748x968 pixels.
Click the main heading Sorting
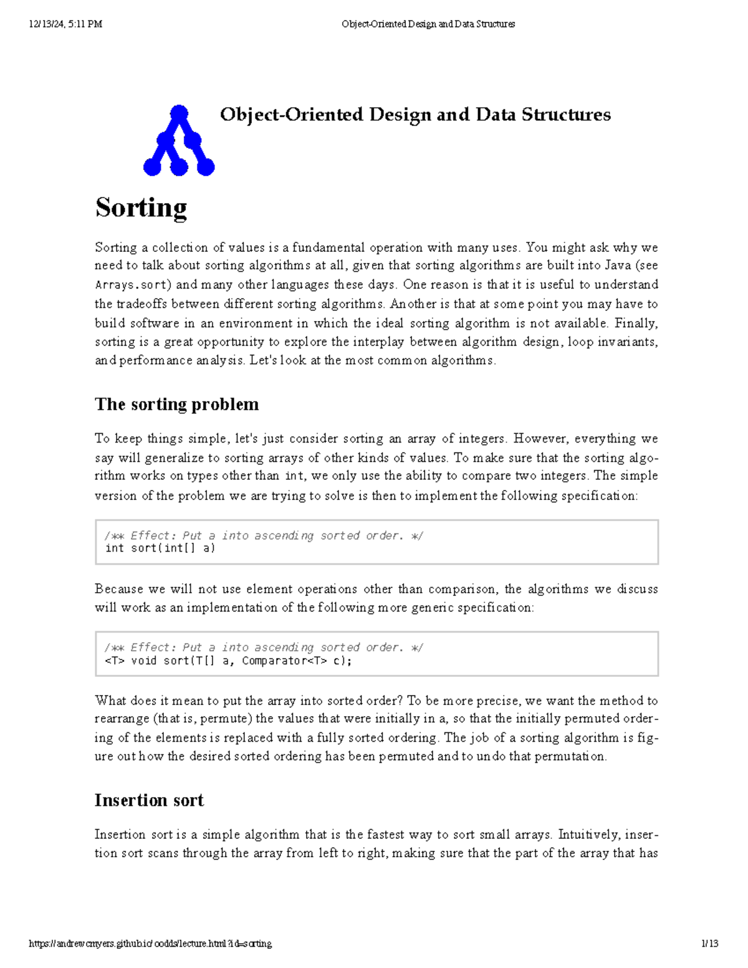pyautogui.click(x=141, y=208)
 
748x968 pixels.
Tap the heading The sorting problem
pyautogui.click(x=176, y=404)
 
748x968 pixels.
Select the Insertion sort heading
pyautogui.click(x=149, y=800)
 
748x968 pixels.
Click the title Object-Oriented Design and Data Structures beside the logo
pyautogui.click(x=415, y=115)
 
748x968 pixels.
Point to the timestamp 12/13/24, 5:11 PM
pyautogui.click(x=65, y=24)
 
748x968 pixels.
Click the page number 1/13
pyautogui.click(x=709, y=944)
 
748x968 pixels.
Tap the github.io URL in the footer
pyautogui.click(x=150, y=944)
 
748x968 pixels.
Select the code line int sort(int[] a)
pyautogui.click(x=160, y=549)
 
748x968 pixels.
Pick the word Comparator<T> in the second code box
pyautogui.click(x=284, y=661)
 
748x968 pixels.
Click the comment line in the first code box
pyautogui.click(x=264, y=535)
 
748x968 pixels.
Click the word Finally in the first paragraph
pyautogui.click(x=635, y=323)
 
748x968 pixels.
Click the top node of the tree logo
pyautogui.click(x=179, y=113)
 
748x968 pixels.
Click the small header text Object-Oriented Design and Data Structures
pyautogui.click(x=428, y=24)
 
